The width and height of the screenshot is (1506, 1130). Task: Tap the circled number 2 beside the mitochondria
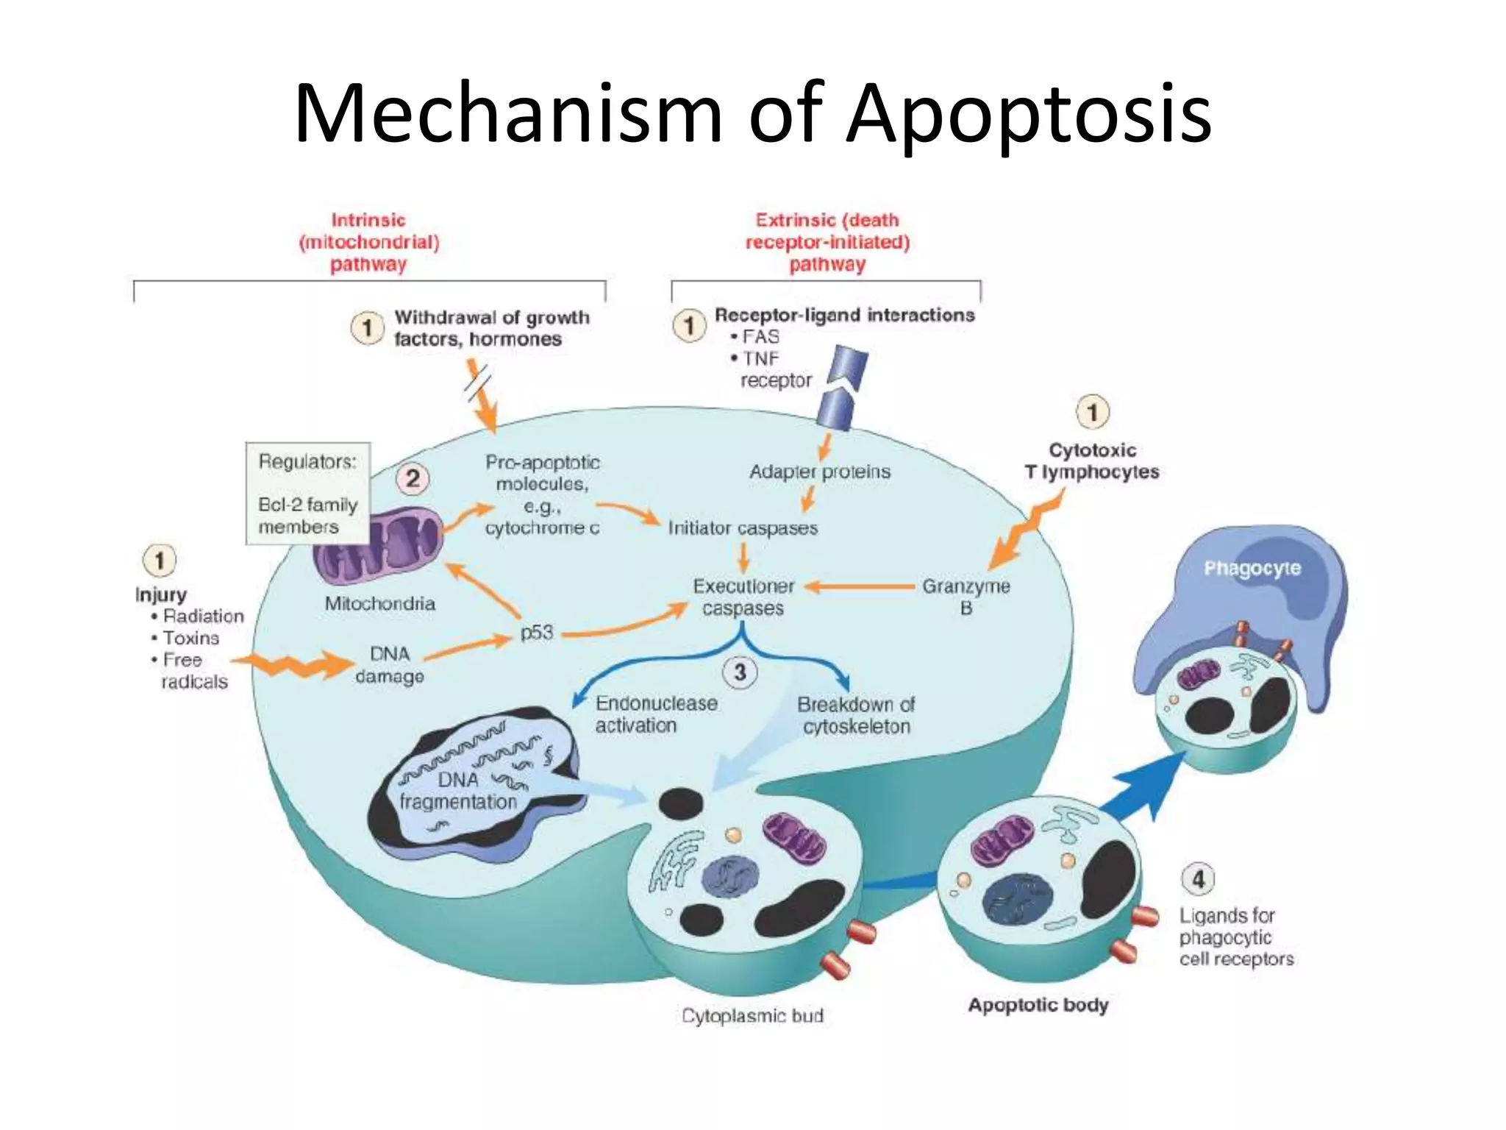point(413,479)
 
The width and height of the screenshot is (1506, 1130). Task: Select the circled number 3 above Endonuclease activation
point(740,672)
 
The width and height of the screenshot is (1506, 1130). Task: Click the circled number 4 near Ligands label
point(1198,878)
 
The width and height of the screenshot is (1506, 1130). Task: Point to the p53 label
point(536,633)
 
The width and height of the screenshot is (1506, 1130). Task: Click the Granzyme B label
point(966,597)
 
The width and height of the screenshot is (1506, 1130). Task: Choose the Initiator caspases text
point(743,528)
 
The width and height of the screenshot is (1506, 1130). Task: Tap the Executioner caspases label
point(743,597)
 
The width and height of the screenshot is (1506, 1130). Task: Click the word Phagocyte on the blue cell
point(1252,568)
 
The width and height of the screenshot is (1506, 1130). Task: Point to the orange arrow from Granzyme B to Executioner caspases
point(860,587)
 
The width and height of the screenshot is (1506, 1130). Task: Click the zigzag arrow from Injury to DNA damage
point(294,665)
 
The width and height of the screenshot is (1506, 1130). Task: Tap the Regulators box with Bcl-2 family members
point(307,494)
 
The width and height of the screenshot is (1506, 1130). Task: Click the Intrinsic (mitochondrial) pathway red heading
point(368,242)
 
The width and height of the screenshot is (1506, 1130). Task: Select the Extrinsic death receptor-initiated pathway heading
point(827,242)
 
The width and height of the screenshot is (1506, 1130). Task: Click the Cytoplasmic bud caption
point(752,1016)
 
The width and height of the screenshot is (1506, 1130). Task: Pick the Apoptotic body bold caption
point(1038,1005)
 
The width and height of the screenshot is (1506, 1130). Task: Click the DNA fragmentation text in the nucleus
point(458,791)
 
